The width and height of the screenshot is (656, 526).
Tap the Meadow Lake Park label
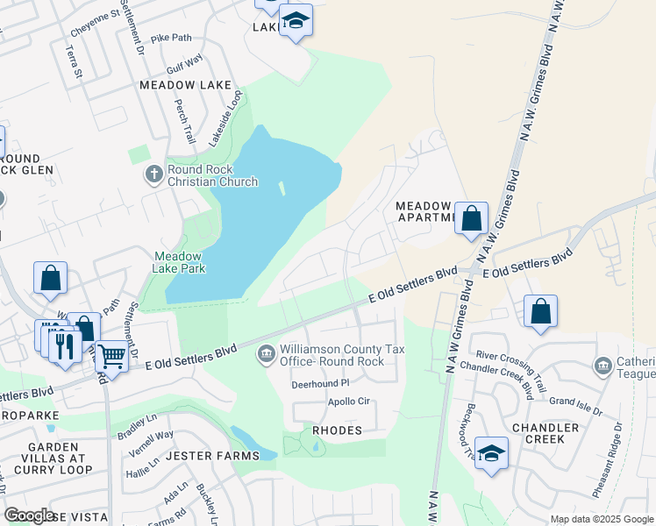[179, 263]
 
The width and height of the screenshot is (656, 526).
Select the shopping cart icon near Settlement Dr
[111, 357]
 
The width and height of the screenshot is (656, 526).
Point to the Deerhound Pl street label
[320, 383]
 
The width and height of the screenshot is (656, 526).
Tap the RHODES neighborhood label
[337, 431]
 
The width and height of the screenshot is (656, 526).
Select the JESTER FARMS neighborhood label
[212, 456]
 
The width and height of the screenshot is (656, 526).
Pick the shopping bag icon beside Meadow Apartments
[471, 219]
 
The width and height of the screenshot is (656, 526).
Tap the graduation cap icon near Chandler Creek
[492, 453]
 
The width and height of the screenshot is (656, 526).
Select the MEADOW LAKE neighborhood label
[185, 85]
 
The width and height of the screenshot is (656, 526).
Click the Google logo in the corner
[29, 515]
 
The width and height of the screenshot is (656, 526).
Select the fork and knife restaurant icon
[64, 345]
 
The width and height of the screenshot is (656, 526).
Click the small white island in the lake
[282, 188]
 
